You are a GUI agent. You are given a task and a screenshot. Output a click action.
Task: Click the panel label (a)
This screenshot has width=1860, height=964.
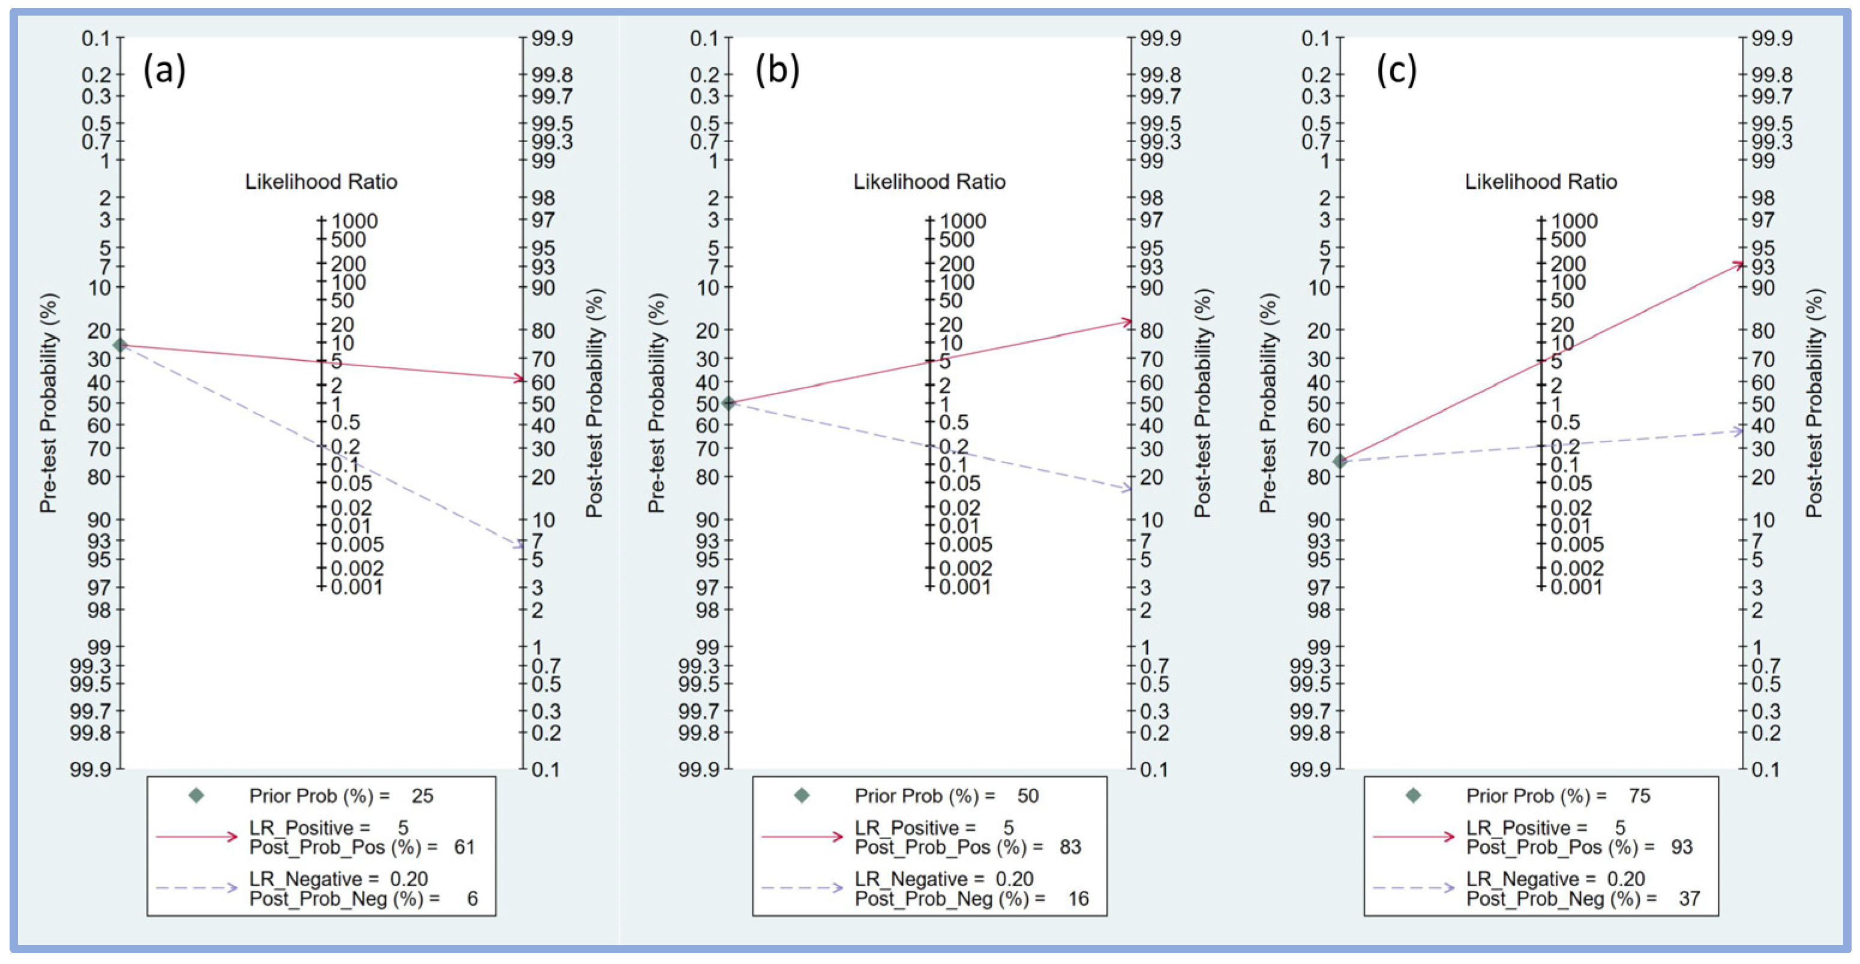point(164,71)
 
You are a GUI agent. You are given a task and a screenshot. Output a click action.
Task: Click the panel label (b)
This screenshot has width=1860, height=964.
point(777,71)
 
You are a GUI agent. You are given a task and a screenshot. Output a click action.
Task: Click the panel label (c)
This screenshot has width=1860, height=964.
point(1396,71)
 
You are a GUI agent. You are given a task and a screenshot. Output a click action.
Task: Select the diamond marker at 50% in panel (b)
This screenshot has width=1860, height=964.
point(729,403)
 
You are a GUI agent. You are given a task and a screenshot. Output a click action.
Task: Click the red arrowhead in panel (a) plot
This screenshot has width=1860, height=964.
point(518,378)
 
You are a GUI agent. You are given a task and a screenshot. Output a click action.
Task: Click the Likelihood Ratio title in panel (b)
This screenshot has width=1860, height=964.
point(929,182)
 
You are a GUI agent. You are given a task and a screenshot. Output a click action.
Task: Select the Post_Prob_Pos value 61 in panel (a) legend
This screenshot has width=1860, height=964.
point(464,847)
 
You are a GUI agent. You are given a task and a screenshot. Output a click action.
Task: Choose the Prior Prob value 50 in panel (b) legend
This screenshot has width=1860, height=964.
point(1027,796)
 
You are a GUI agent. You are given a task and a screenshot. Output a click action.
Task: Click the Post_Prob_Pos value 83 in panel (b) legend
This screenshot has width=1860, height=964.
point(1070,847)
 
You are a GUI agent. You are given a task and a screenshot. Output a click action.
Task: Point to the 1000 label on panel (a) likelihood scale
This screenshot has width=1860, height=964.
point(355,221)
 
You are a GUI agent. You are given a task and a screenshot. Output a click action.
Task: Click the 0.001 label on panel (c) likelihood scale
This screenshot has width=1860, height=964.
point(1576,587)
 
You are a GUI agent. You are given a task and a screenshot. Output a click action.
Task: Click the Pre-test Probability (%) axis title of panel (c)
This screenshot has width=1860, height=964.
point(1268,403)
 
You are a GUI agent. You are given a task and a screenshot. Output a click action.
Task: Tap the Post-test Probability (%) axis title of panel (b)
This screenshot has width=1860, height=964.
point(1202,403)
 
